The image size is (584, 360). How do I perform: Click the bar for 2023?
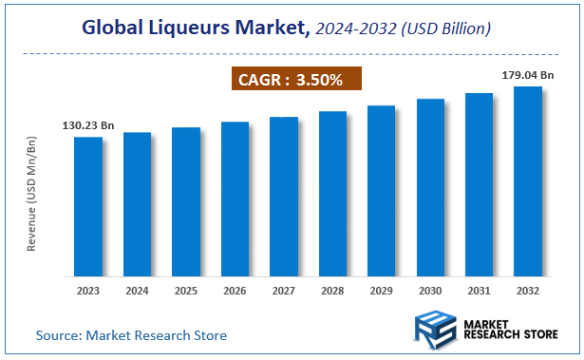tap(88, 206)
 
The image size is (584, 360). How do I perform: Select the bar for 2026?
tap(235, 199)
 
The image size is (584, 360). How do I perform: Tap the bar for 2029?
tap(381, 190)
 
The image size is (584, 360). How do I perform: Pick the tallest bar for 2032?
tap(527, 180)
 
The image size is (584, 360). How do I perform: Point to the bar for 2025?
tap(186, 201)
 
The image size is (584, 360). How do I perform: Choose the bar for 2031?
tap(479, 184)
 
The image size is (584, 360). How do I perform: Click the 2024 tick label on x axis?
tap(137, 291)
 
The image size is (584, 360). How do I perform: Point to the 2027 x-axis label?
tap(283, 291)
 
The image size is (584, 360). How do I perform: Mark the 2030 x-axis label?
tap(429, 291)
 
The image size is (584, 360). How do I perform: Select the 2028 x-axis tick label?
tap(332, 291)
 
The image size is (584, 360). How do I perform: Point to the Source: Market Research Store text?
tap(131, 335)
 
